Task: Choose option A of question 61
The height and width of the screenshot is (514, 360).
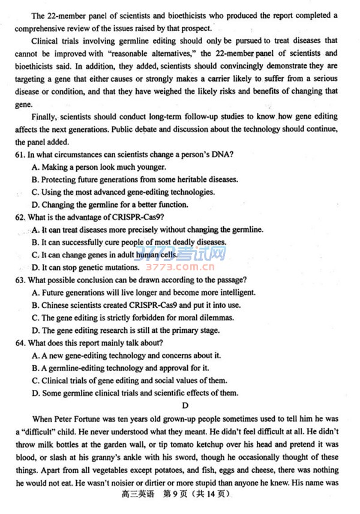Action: coord(35,167)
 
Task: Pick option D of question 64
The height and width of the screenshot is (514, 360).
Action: coord(35,393)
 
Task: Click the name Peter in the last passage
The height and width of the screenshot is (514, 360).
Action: coord(64,419)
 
